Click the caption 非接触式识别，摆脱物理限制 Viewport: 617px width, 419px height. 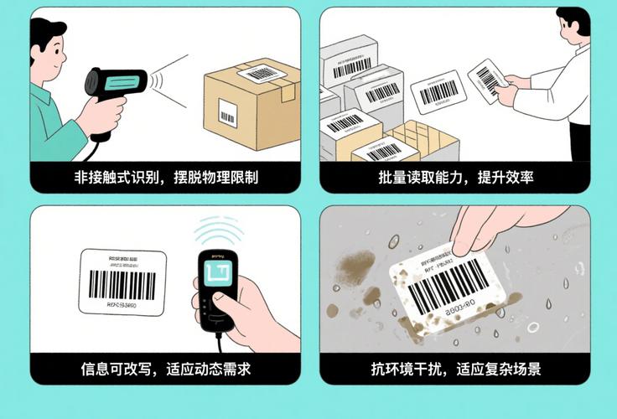pos(166,178)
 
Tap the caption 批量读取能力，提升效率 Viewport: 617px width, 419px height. pos(455,178)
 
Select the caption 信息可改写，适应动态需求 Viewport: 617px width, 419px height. pos(166,369)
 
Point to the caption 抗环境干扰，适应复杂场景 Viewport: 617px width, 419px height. pos(455,369)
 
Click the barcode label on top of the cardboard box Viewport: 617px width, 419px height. pos(262,73)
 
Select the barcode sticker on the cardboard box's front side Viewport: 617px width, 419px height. pos(227,112)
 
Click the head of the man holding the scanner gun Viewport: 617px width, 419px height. pos(49,49)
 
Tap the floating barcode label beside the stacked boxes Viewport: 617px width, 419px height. pos(438,91)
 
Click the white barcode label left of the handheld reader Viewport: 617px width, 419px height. pos(122,282)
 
